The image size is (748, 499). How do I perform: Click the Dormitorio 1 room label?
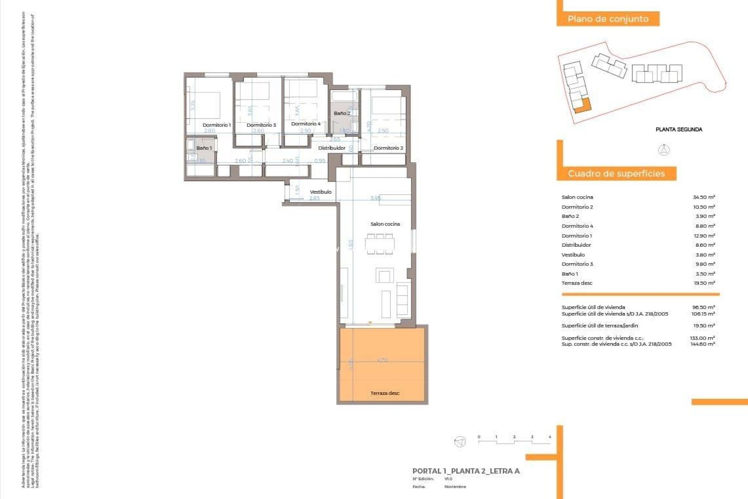click(x=217, y=125)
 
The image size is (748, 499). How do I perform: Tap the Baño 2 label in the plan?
click(x=342, y=113)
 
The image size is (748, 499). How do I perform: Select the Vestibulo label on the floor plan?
click(x=321, y=192)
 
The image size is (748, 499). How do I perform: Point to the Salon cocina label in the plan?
click(x=385, y=224)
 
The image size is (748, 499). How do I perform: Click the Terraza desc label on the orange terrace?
click(x=385, y=393)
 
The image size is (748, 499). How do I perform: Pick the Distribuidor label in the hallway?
click(x=332, y=148)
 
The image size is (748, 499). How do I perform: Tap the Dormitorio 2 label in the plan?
click(x=388, y=148)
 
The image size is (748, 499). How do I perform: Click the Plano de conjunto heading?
click(x=608, y=19)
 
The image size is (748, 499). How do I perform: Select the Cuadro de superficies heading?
click(x=616, y=173)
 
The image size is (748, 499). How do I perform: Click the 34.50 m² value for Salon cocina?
click(x=704, y=197)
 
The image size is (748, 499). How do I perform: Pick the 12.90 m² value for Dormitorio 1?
click(x=704, y=236)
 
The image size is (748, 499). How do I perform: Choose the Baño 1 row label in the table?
click(x=570, y=274)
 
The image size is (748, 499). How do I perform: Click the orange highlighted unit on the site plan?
click(x=583, y=106)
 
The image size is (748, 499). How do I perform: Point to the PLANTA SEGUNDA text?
click(x=679, y=129)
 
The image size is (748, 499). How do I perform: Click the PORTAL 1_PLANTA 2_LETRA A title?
click(x=466, y=471)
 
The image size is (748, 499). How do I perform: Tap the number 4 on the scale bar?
click(x=550, y=437)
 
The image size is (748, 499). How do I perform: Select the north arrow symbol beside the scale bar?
click(x=460, y=442)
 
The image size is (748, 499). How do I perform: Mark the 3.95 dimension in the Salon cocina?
click(x=376, y=198)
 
